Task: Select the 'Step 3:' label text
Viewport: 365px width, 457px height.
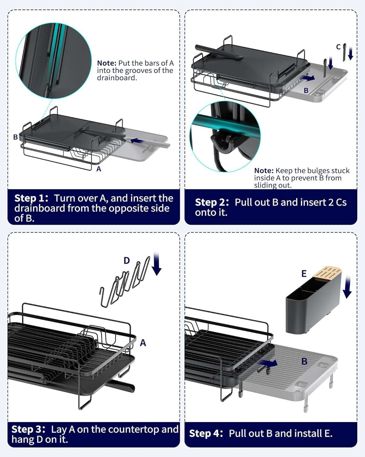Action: [28, 429]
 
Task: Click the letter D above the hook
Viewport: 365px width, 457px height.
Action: [127, 260]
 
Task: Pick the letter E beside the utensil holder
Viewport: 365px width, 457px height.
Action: [304, 274]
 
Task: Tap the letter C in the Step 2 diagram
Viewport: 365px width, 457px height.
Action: [338, 47]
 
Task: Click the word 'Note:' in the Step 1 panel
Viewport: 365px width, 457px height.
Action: [107, 63]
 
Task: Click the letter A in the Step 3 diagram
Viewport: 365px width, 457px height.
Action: [143, 343]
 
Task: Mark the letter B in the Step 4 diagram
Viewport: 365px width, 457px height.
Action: [304, 361]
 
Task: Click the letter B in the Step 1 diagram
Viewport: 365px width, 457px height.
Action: [16, 137]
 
